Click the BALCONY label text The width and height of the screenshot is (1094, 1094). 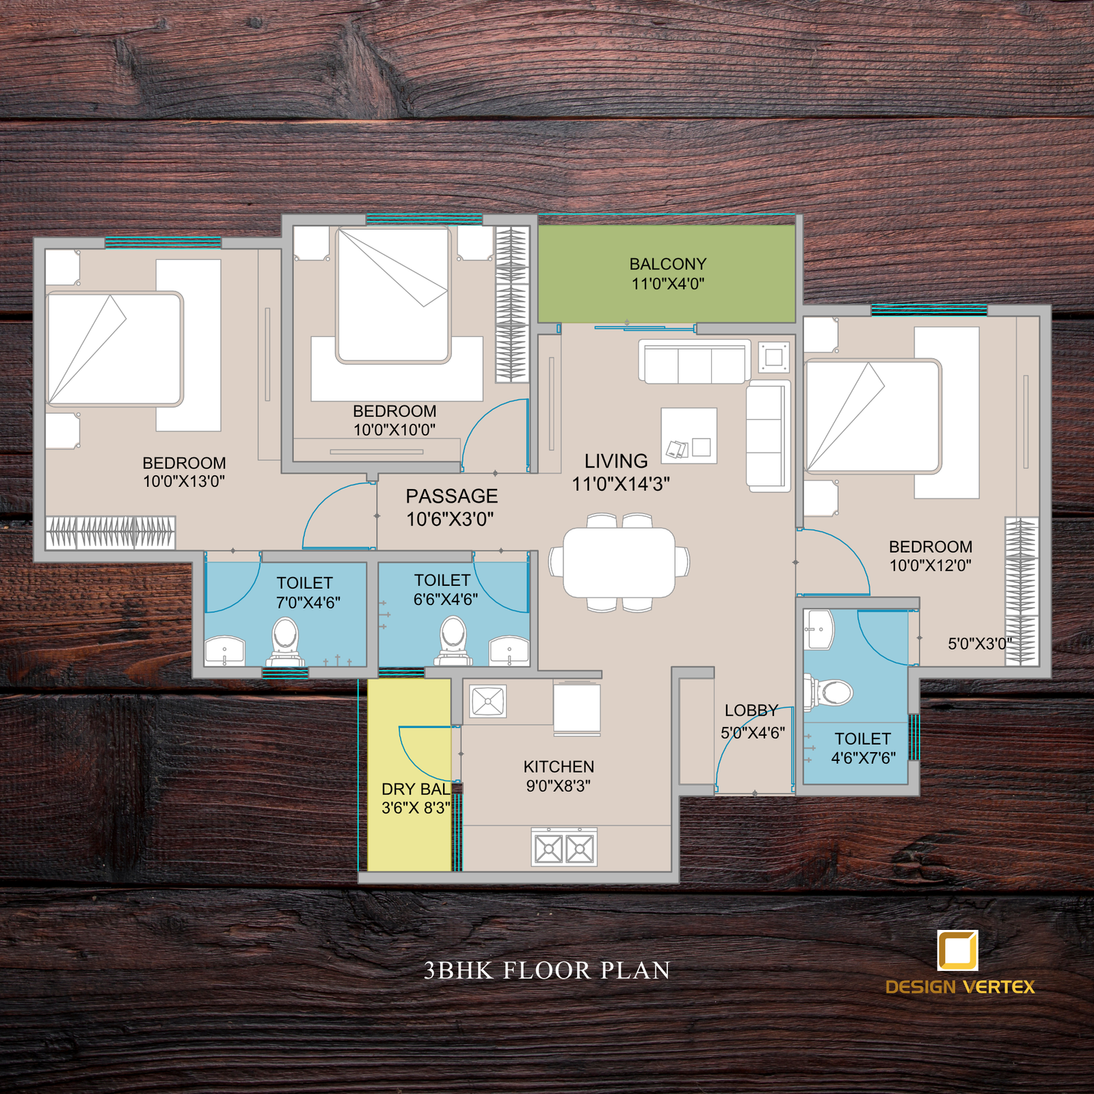668,264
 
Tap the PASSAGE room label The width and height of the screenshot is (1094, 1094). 452,496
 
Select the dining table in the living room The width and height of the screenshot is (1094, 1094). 619,562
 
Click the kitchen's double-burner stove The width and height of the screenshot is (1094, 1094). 564,848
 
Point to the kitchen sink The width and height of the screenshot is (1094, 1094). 488,701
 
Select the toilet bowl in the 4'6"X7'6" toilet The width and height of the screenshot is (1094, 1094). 828,692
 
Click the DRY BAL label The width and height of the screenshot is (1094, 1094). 416,789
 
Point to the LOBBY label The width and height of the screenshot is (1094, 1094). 751,710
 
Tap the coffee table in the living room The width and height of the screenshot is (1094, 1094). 689,436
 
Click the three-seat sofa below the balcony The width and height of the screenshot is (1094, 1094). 694,362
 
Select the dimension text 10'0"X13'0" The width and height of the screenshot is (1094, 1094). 184,481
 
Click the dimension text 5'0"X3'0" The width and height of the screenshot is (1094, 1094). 979,643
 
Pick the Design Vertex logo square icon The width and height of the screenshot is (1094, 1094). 957,950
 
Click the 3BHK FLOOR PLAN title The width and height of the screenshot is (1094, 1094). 547,970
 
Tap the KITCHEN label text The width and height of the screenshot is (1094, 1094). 559,767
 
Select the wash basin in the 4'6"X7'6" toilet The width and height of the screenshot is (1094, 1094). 818,629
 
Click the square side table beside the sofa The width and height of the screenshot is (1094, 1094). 774,358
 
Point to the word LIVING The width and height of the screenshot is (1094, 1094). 616,462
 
